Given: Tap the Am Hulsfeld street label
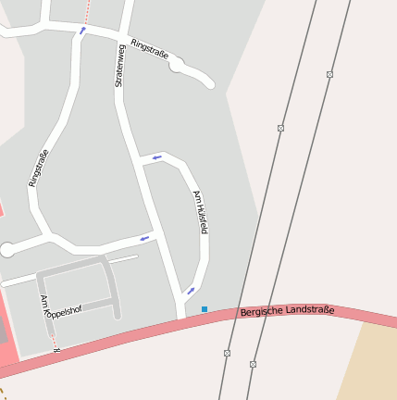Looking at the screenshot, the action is (200, 212).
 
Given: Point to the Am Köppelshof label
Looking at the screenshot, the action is (60, 307).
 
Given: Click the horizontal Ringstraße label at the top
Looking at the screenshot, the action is (150, 48).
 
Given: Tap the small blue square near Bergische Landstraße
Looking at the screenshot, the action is (205, 309).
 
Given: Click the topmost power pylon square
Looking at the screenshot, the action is (329, 74).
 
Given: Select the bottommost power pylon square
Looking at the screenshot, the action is (253, 364).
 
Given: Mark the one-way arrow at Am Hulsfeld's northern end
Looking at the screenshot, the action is (156, 157).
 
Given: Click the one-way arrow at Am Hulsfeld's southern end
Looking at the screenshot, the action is (191, 291).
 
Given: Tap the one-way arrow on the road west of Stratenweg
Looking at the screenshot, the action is (144, 239).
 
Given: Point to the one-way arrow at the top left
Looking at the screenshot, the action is (82, 31).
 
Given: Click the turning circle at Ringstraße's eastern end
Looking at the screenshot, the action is (177, 65).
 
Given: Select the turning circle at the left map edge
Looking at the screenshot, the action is (7, 249).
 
